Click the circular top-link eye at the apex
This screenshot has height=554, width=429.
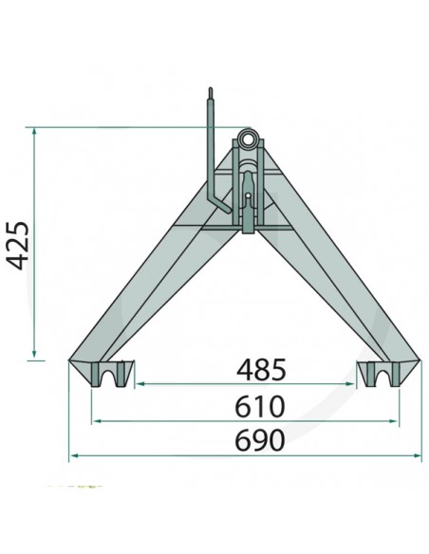(x=248, y=140)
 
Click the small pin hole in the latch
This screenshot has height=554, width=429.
(x=248, y=198)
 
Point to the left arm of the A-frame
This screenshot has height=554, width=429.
(x=152, y=285)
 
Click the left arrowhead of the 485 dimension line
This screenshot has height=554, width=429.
(x=139, y=384)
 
